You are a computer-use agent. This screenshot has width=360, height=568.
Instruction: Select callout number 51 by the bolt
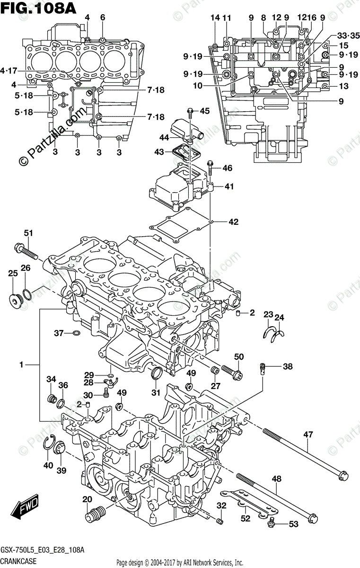(x=29, y=233)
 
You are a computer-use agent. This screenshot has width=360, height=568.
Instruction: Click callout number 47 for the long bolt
(x=308, y=435)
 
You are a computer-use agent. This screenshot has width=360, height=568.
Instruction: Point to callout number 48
(x=276, y=479)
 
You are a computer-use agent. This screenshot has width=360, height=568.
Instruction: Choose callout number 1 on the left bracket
(x=21, y=364)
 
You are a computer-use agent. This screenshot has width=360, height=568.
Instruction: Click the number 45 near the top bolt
(x=204, y=111)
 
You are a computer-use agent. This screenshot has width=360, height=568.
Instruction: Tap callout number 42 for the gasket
(x=233, y=222)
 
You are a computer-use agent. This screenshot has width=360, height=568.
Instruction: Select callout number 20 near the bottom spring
(x=87, y=500)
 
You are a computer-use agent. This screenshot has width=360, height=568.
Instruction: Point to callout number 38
(x=288, y=366)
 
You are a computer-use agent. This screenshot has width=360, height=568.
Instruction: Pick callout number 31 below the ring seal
(x=156, y=392)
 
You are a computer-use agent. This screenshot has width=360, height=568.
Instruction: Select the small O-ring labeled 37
(x=76, y=334)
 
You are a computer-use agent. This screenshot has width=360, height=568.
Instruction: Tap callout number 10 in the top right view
(x=198, y=86)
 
